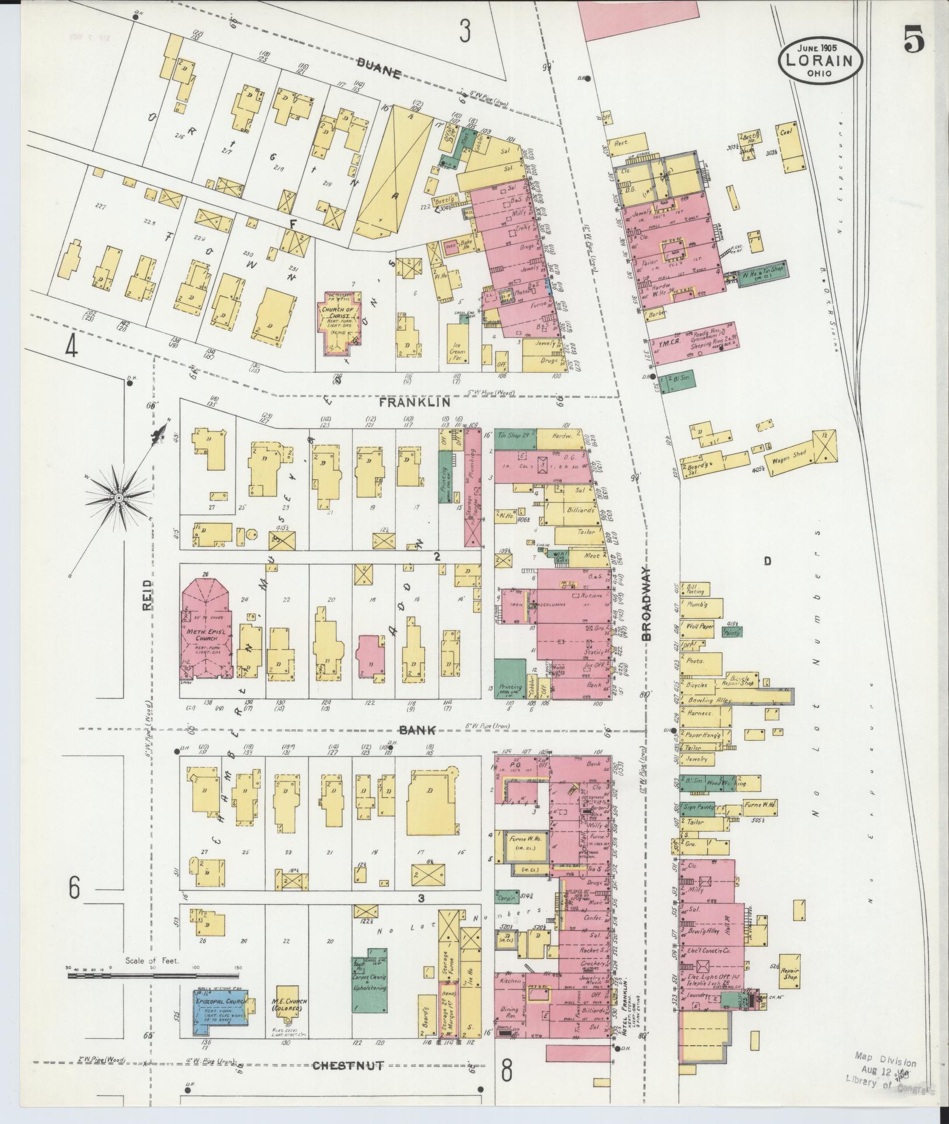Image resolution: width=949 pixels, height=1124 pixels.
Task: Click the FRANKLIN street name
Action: [x=414, y=402]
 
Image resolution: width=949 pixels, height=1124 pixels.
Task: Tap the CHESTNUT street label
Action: [x=348, y=1066]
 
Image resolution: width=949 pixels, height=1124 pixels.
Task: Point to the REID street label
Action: [x=147, y=594]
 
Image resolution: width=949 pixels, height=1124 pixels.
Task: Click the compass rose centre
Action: [x=118, y=498]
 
